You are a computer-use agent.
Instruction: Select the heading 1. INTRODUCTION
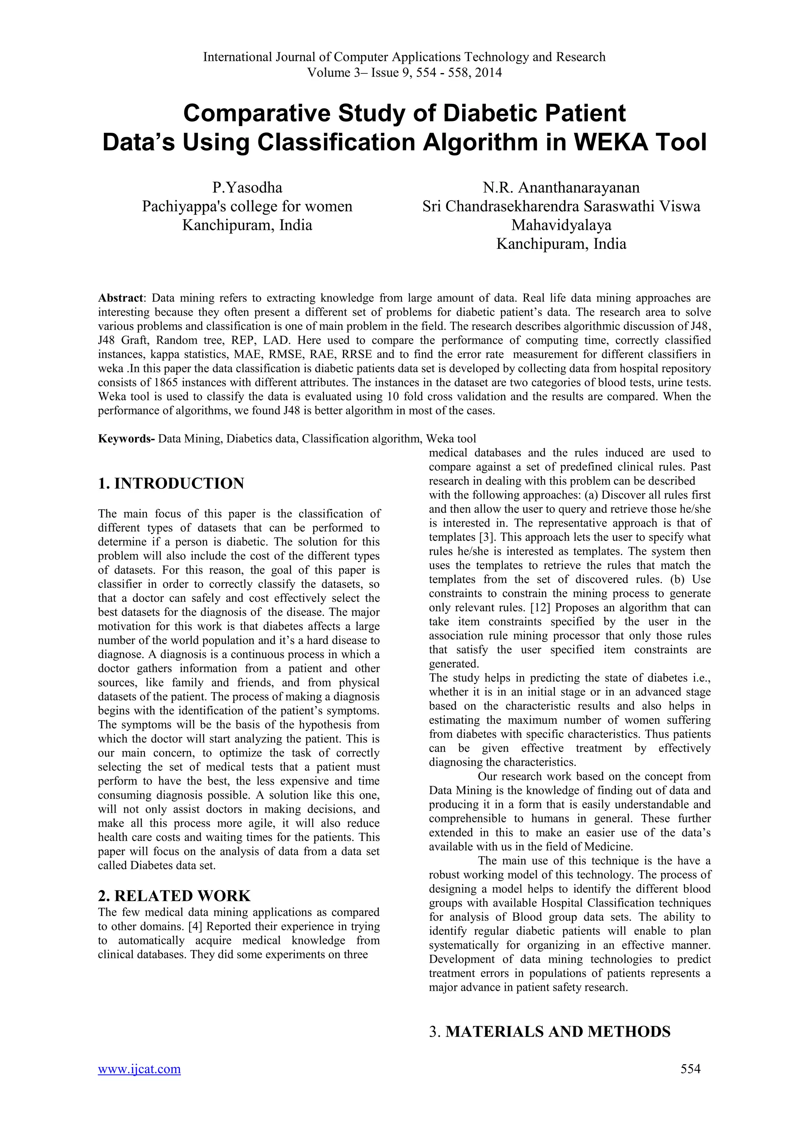coord(171,483)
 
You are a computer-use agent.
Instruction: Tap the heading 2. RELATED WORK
coord(174,896)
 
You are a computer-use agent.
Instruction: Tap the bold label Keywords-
coord(126,438)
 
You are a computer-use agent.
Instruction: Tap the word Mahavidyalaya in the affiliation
coord(561,225)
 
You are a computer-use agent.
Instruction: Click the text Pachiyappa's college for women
coord(247,206)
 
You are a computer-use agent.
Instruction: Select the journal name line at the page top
coord(404,57)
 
